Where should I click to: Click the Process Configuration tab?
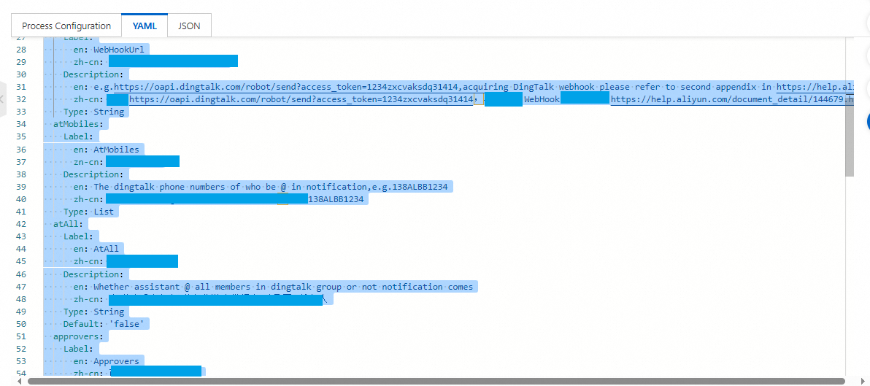[x=66, y=26]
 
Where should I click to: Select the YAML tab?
[x=145, y=26]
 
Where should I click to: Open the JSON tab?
[x=189, y=26]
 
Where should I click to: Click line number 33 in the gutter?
[x=21, y=112]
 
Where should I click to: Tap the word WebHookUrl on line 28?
[x=119, y=50]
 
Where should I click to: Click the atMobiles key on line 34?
[x=78, y=124]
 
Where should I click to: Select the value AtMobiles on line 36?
[x=116, y=149]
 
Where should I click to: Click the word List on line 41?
[x=104, y=212]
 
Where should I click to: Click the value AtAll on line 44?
[x=106, y=249]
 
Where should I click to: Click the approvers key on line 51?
[x=78, y=336]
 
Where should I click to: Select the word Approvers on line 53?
[x=116, y=361]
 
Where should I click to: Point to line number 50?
[x=21, y=324]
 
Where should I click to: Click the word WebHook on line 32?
[x=541, y=99]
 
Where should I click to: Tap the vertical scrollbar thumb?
[x=849, y=109]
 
